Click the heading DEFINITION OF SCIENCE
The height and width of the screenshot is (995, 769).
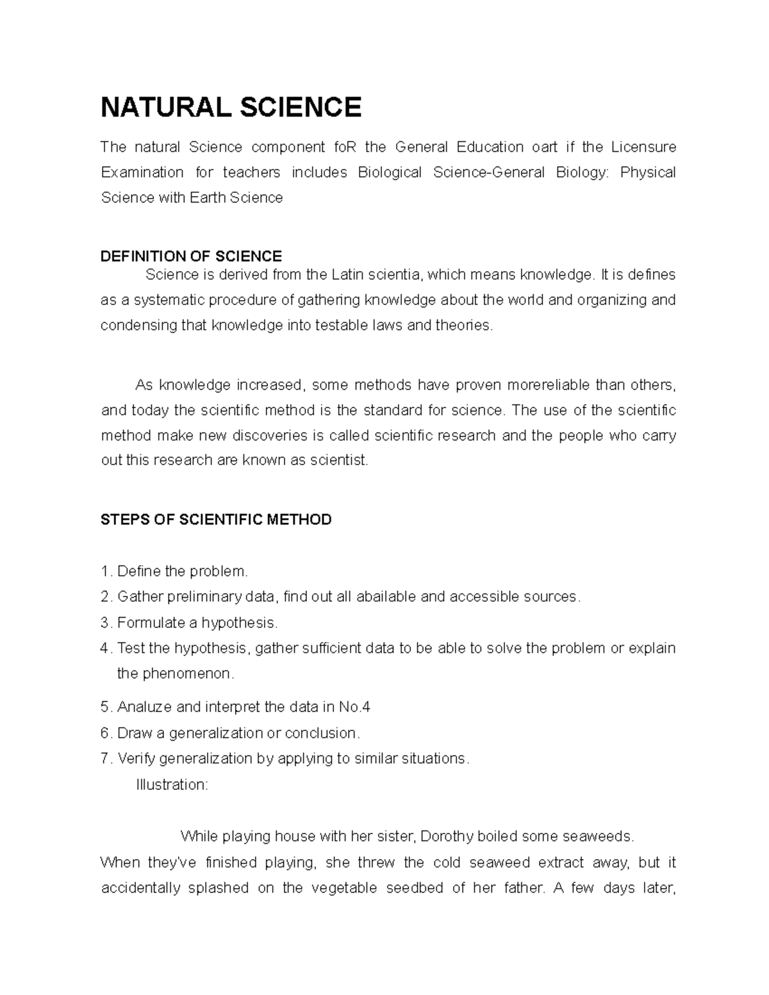[191, 256]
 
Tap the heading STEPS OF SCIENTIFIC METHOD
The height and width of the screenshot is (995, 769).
[216, 519]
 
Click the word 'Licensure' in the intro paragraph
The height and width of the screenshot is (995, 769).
[643, 147]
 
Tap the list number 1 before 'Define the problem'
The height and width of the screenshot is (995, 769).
[104, 571]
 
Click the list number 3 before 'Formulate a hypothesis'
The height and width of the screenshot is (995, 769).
[105, 623]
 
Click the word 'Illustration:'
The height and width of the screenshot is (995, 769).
[172, 785]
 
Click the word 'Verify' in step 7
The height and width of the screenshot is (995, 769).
[136, 759]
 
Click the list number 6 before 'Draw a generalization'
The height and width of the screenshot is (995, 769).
[105, 733]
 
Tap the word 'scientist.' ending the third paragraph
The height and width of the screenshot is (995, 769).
[339, 460]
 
